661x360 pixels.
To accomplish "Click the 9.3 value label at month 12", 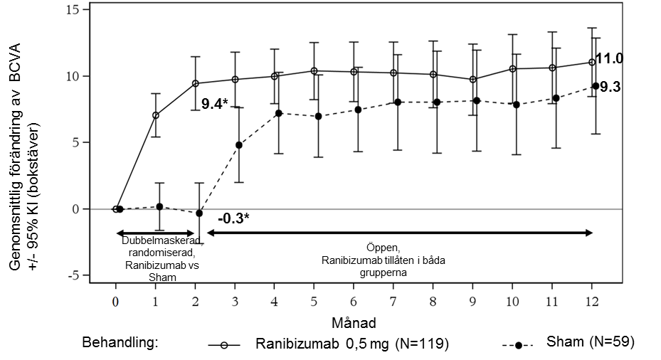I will coord(610,88).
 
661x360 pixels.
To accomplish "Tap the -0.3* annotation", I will coord(233,218).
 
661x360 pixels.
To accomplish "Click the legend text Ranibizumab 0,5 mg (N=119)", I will coord(351,344).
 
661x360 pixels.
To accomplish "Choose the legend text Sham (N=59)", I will coord(590,342).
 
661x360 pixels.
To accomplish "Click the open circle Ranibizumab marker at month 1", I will coord(156,115).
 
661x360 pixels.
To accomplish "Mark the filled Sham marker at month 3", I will coord(239,145).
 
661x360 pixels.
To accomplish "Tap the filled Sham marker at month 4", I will coord(279,113).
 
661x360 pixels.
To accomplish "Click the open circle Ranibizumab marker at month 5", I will coord(314,71).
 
